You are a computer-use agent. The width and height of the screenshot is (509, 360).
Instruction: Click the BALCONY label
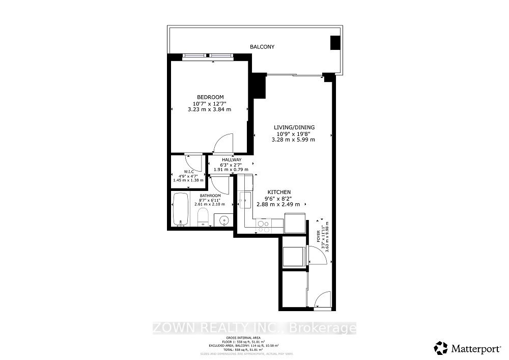pyautogui.click(x=262, y=47)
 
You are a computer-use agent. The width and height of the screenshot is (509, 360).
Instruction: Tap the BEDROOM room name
pyautogui.click(x=210, y=97)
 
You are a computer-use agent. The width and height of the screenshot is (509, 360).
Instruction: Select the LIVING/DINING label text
pyautogui.click(x=294, y=127)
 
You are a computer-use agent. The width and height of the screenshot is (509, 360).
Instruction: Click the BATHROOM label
pyautogui.click(x=210, y=196)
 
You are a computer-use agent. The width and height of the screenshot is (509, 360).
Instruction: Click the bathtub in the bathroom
pyautogui.click(x=181, y=209)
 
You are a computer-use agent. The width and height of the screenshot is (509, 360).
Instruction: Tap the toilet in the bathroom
pyautogui.click(x=202, y=216)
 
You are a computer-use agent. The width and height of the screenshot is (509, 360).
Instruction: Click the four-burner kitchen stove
pyautogui.click(x=264, y=226)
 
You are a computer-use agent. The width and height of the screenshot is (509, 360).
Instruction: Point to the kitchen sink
pyautogui.click(x=244, y=199)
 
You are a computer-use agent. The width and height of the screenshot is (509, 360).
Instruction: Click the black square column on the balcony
pyautogui.click(x=335, y=43)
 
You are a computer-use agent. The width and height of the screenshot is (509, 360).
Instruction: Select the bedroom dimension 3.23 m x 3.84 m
pyautogui.click(x=210, y=109)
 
